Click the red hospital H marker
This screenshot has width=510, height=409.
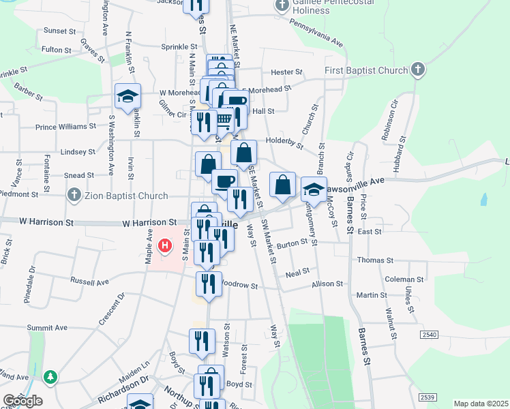164,245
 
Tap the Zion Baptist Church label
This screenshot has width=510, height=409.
126,196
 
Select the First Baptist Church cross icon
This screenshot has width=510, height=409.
418,69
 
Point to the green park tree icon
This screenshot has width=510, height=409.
49,376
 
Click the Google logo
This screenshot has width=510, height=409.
22,401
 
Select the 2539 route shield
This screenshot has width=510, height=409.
427,397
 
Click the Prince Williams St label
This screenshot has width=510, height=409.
66,127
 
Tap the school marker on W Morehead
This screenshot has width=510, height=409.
127,96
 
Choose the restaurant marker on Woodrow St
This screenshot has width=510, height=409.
209,284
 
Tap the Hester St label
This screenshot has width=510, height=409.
286,72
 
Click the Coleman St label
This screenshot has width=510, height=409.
404,279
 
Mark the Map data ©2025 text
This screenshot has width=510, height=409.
481,404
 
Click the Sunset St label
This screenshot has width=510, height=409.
60,31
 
